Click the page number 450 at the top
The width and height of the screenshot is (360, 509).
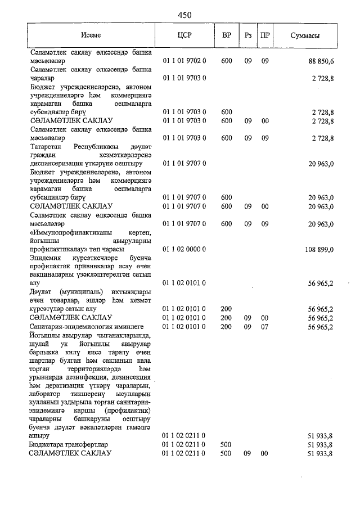[x=184, y=15]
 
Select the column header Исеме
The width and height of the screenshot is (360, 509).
[x=91, y=35]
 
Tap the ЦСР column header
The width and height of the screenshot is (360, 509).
[x=184, y=35]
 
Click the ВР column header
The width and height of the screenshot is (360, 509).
[x=227, y=35]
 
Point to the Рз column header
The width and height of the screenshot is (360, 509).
[x=247, y=35]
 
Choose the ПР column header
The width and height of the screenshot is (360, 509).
[x=264, y=35]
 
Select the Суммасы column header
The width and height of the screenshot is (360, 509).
[x=305, y=35]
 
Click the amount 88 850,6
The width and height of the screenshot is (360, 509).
[x=322, y=60]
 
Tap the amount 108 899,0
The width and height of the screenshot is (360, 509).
[x=321, y=249]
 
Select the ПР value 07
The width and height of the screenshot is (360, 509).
[x=264, y=326]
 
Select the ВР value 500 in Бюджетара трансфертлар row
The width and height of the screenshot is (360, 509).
[x=227, y=444]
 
